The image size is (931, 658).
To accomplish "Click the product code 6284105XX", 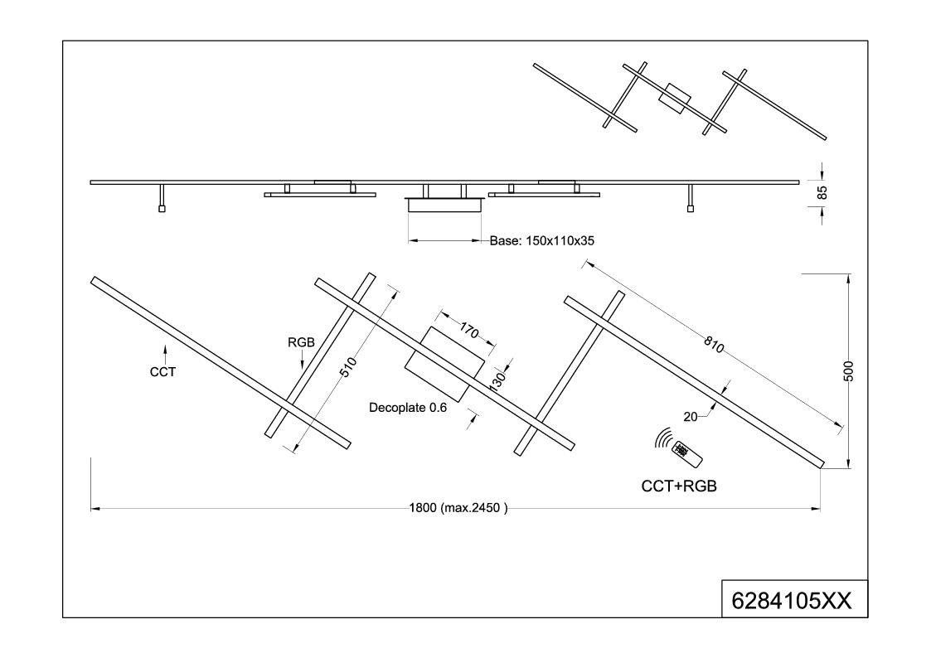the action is (791, 601).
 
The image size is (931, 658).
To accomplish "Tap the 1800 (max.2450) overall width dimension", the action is (458, 508).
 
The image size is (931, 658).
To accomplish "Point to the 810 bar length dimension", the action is (714, 344).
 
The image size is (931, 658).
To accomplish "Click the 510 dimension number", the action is (348, 366).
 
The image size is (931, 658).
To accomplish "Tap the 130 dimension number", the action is (497, 380).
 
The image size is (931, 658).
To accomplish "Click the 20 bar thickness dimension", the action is (691, 417).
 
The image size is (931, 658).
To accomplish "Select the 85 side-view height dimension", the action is (822, 192).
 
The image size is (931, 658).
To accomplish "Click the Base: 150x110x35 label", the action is (542, 241).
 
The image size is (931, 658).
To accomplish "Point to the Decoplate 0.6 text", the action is (408, 408).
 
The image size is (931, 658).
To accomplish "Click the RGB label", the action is (301, 342).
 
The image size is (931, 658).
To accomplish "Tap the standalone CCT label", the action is (162, 372).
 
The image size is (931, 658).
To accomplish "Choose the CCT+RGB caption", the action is (679, 486).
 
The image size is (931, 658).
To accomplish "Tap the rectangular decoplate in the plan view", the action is (445, 364).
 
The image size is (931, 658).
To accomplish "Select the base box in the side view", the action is (444, 206).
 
